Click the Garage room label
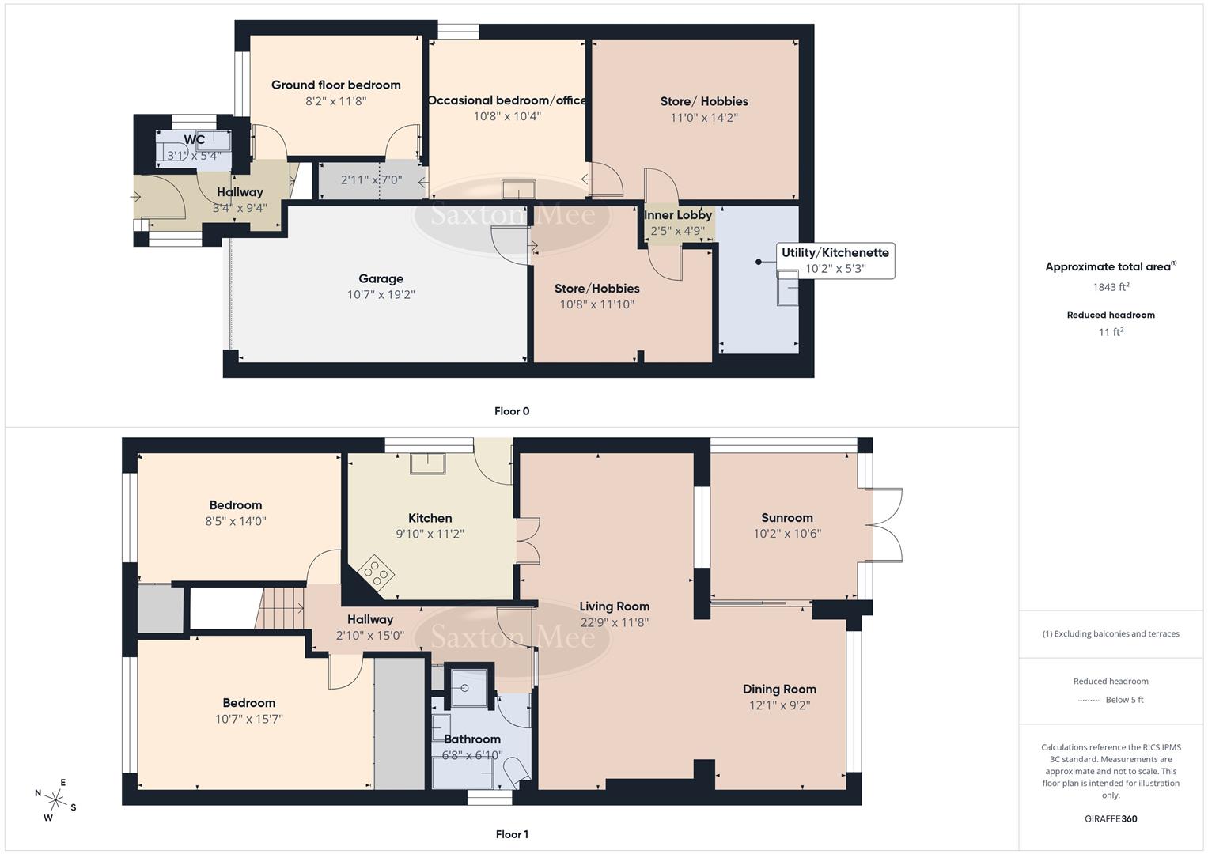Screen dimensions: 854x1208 point(381,278)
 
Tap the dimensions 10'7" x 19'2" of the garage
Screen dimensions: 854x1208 point(381,295)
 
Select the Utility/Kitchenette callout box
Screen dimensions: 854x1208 point(835,260)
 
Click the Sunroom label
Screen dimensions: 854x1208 point(786,518)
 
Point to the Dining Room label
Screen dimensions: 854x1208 point(779,689)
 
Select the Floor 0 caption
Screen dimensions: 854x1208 point(512,411)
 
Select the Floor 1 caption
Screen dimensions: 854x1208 point(512,834)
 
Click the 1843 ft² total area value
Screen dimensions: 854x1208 point(1111,287)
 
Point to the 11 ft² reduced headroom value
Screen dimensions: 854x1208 point(1111,332)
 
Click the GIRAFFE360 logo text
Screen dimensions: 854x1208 point(1111,818)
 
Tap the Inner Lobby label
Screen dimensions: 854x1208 point(678,215)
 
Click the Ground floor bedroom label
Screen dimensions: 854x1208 point(335,85)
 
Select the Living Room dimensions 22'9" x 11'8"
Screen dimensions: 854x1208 point(614,622)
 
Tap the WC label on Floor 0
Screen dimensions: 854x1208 point(195,140)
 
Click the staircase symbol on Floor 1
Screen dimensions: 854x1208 point(282,608)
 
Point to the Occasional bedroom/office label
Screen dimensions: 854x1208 point(507,100)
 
